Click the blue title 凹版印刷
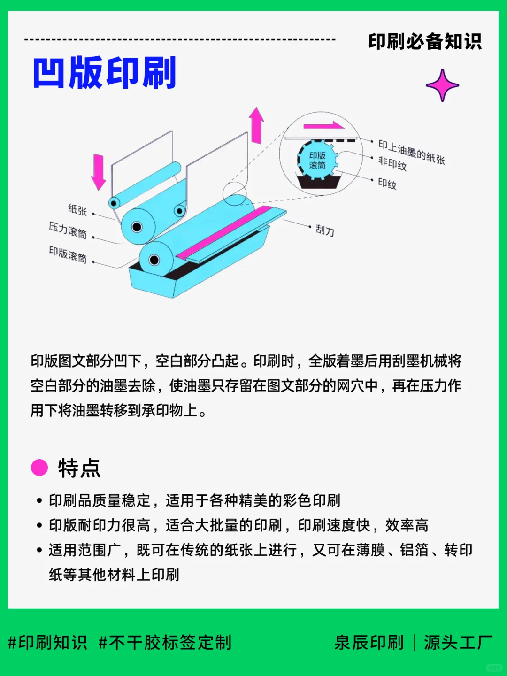pos(104,73)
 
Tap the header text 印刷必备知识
pos(424,41)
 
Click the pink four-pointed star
pos(442,85)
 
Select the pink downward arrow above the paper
pos(98,171)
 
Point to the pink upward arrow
pos(256,125)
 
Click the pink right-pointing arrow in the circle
pos(324,126)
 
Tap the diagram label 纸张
pos(77,209)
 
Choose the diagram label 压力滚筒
pos(68,230)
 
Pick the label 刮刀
pos(324,230)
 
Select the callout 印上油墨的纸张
pos(411,152)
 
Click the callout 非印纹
pos(392,163)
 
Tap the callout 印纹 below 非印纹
pos(387,183)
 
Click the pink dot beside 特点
pos(39,468)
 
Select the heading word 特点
pos(79,468)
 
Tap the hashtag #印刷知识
pos(48,642)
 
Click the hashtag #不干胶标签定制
pos(165,642)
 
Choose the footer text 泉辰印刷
pos(369,642)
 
